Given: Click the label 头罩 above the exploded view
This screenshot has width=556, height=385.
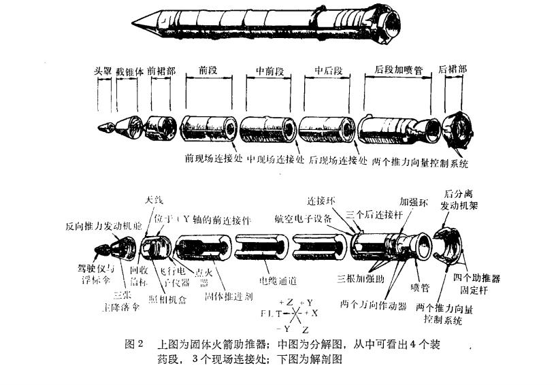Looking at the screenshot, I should (103, 71).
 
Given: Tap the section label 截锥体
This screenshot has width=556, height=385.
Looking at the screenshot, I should (129, 71).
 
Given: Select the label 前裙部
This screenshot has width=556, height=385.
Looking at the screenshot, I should (162, 71).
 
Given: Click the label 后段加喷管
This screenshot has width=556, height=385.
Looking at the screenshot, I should (398, 71).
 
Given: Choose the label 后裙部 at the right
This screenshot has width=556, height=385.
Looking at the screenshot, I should (453, 71).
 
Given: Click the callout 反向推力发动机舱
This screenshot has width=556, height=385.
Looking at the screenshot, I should (103, 226).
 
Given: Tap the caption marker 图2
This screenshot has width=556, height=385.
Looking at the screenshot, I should (135, 345).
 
